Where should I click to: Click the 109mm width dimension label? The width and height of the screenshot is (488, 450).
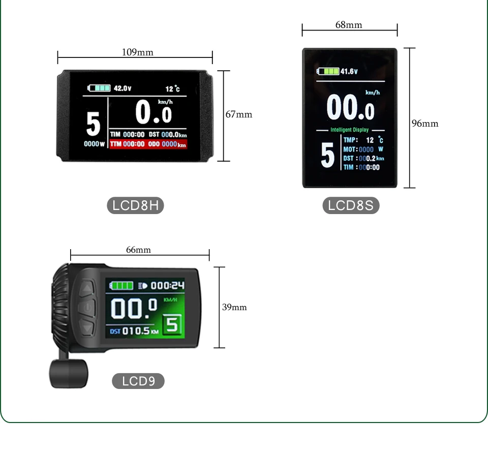pos(137,52)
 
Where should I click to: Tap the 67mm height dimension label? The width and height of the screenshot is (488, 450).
pos(239,114)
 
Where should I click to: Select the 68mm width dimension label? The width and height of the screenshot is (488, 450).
pos(349,25)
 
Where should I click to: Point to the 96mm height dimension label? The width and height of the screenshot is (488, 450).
pos(424,124)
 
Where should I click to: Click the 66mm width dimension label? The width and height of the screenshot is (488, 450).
pos(138,250)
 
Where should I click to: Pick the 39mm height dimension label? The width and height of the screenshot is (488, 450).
pos(234,307)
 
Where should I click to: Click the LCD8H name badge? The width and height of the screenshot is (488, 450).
pos(135,205)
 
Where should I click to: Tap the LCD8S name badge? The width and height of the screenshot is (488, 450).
pos(351,205)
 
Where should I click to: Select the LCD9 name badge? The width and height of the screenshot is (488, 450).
pos(138,381)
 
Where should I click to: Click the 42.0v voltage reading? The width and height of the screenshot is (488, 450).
pos(122,88)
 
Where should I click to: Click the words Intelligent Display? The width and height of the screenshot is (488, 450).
pos(349,130)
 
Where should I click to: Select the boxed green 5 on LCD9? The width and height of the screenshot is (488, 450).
pos(172,324)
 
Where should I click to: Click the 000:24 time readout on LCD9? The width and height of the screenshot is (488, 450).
pos(168,286)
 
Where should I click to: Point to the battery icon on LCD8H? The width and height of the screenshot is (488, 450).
pos(99,88)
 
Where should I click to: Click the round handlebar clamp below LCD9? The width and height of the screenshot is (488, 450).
pos(68,374)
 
